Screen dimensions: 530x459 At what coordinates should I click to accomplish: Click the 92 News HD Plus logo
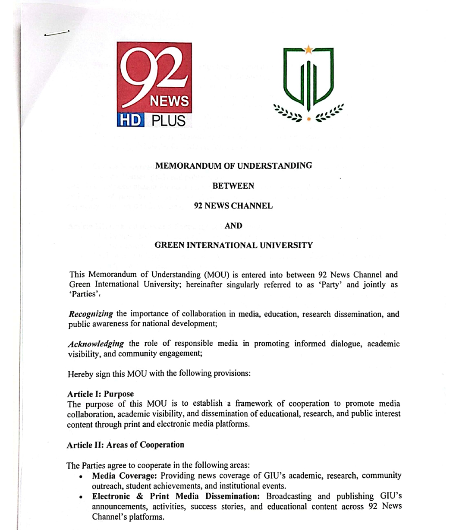(x=154, y=85)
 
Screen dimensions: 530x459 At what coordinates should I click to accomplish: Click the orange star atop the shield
(x=308, y=49)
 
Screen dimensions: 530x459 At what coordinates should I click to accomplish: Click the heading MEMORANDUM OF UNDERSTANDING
(x=233, y=166)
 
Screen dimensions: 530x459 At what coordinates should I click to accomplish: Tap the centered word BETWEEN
(x=233, y=186)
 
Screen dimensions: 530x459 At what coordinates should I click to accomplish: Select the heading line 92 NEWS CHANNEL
(x=233, y=206)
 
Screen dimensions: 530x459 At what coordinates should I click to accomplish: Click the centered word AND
(x=233, y=226)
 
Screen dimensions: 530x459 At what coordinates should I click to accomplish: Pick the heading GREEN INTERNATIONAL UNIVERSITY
(x=233, y=246)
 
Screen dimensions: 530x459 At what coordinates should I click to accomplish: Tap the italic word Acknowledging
(x=96, y=344)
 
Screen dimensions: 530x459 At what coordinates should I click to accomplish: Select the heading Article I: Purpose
(x=101, y=394)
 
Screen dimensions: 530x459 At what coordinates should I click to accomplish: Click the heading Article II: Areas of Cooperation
(x=125, y=445)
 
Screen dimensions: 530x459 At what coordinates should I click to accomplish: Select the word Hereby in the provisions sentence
(x=79, y=374)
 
